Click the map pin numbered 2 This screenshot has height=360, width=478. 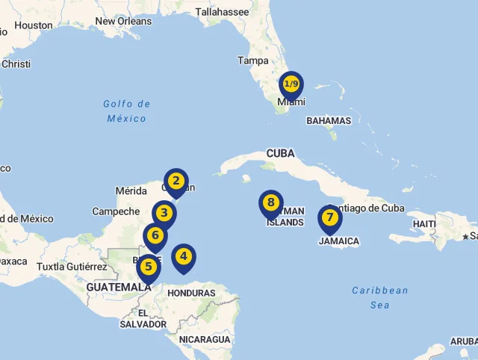[x=176, y=181]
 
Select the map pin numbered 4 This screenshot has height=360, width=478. [x=183, y=257]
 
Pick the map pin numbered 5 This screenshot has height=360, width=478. [x=149, y=266]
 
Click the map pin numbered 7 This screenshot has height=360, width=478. [x=329, y=218]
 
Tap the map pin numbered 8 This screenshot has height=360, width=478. [x=271, y=202]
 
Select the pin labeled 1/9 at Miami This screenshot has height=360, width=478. [x=291, y=84]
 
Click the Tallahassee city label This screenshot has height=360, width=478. [x=222, y=12]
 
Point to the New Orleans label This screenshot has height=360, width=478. [x=123, y=21]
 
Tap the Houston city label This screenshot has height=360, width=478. [x=34, y=25]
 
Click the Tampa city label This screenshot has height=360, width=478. [x=252, y=60]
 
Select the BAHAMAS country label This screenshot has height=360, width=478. [x=329, y=120]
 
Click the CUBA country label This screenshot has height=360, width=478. [x=281, y=153]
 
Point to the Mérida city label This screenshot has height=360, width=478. [x=131, y=190]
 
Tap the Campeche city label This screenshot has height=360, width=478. [x=116, y=211]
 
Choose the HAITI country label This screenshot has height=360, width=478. [x=424, y=224]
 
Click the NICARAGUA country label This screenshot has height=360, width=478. [x=205, y=339]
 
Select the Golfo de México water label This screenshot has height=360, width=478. [x=127, y=111]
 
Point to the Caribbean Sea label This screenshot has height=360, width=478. [x=381, y=297]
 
